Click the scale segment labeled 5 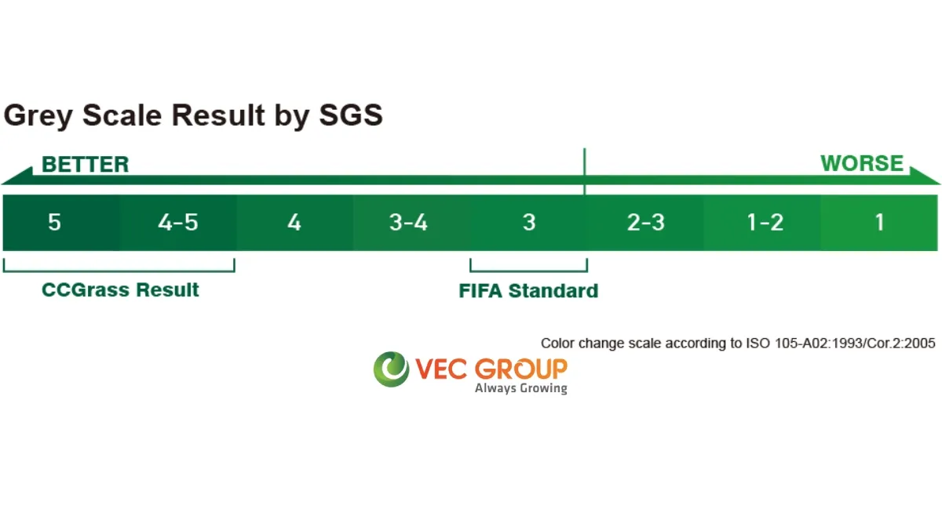pyautogui.click(x=61, y=223)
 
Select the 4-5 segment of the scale pyautogui.click(x=178, y=223)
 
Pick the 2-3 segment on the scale pyautogui.click(x=645, y=223)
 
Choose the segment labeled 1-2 pyautogui.click(x=762, y=223)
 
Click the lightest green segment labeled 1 pyautogui.click(x=879, y=223)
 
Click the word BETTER pyautogui.click(x=86, y=164)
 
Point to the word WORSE pyautogui.click(x=862, y=163)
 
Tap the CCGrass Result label pyautogui.click(x=120, y=290)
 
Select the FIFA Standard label pyautogui.click(x=528, y=291)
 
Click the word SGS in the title pyautogui.click(x=351, y=115)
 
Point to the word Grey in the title pyautogui.click(x=38, y=116)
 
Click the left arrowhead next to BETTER pyautogui.click(x=16, y=176)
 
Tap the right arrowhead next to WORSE pyautogui.click(x=926, y=176)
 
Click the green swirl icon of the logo pyautogui.click(x=391, y=369)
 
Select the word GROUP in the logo pyautogui.click(x=521, y=369)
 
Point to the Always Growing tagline pyautogui.click(x=521, y=388)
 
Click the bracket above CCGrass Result pyautogui.click(x=119, y=271)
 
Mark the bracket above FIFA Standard pyautogui.click(x=528, y=271)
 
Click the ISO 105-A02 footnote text pyautogui.click(x=738, y=344)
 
